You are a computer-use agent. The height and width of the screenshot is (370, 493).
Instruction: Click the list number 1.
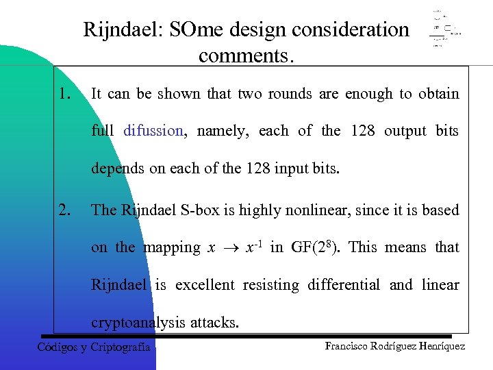pyautogui.click(x=65, y=94)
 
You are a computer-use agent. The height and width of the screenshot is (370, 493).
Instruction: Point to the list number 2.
pyautogui.click(x=66, y=210)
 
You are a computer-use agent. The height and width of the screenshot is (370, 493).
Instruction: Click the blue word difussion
pyautogui.click(x=153, y=131)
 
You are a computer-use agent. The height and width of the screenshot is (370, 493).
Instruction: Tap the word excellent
pyautogui.click(x=205, y=285)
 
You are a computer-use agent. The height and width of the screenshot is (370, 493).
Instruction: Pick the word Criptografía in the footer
pyautogui.click(x=121, y=347)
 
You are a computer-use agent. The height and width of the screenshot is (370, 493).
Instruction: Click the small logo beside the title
pyautogui.click(x=444, y=29)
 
